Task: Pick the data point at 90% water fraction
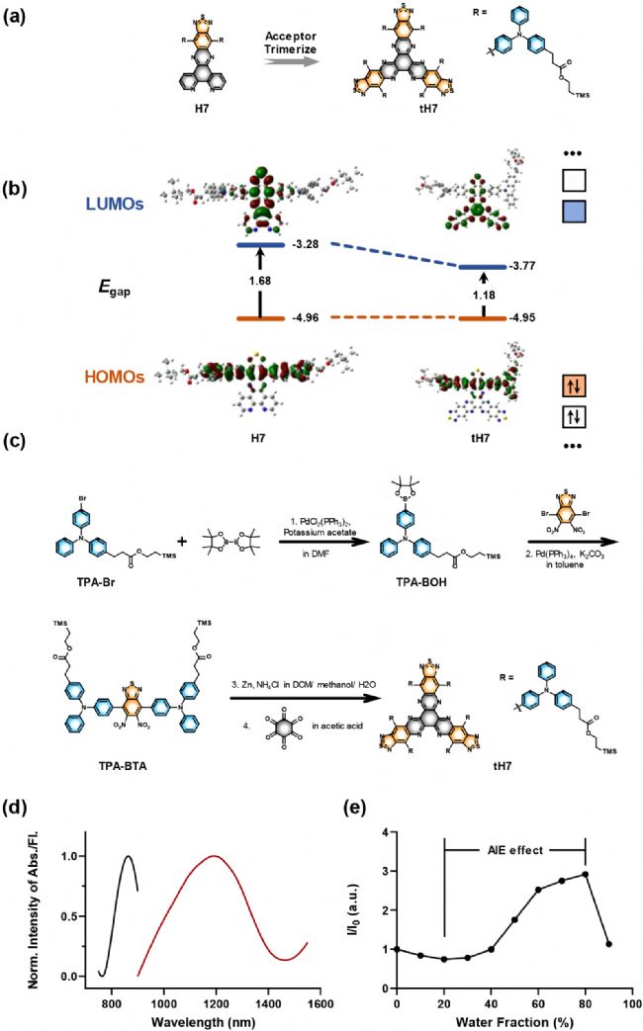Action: [609, 944]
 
